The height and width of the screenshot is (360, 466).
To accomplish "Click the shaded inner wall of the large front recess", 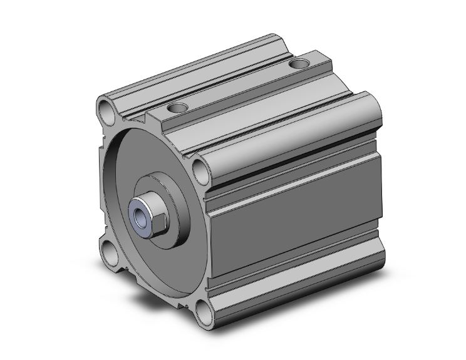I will pyautogui.click(x=116, y=182).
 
